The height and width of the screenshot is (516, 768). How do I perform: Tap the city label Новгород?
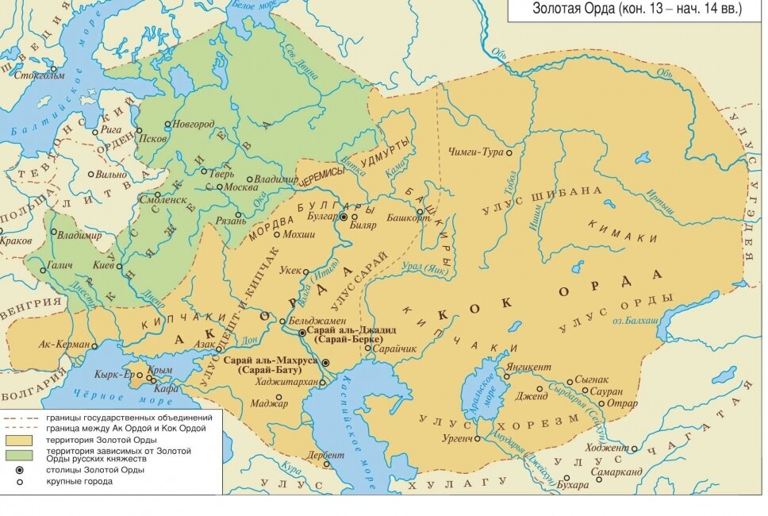point(194,124)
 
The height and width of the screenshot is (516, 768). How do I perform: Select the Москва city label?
point(241,187)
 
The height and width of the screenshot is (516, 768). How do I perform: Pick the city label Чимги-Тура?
point(475,151)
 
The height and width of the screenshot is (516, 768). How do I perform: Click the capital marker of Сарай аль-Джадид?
point(302,333)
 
